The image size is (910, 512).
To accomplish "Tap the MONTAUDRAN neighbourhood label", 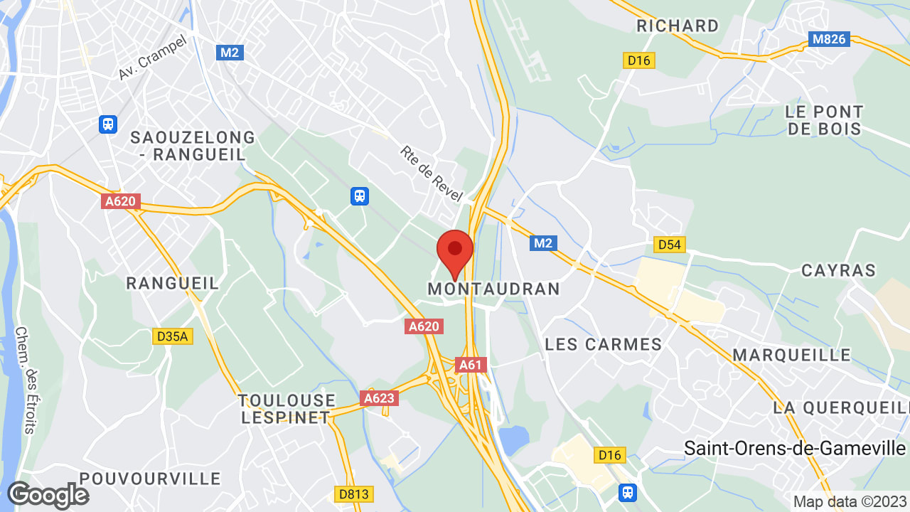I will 494,289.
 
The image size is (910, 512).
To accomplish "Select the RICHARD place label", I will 678,26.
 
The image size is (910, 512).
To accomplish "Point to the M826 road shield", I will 829,39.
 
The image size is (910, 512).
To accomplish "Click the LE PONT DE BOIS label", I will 825,120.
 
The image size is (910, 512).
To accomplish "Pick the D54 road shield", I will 669,245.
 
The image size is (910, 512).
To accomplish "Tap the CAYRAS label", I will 839,270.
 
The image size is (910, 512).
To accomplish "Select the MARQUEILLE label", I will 792,355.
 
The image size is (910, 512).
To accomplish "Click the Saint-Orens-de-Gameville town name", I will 795,449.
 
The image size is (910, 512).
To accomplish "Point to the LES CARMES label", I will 604,345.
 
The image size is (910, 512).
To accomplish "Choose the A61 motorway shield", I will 471,365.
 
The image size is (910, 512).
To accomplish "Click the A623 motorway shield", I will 378,398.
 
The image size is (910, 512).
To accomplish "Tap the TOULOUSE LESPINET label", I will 287,409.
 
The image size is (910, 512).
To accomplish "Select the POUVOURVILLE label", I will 139,478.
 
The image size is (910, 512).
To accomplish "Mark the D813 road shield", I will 353,493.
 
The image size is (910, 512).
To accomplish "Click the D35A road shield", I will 173,336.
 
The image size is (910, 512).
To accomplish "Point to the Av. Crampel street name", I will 152,57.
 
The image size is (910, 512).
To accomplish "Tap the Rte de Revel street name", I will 431,174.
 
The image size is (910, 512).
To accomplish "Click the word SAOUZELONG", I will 193,137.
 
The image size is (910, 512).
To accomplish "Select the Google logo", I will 48,495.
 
